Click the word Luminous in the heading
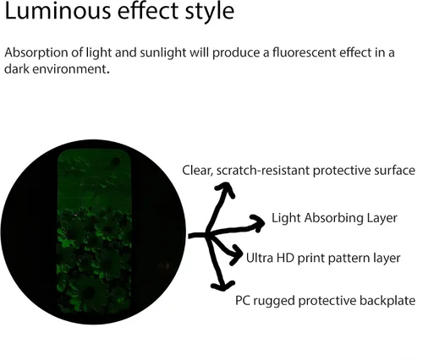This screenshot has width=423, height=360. coord(58,11)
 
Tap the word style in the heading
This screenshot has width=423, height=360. coord(210,12)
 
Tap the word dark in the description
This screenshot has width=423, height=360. coord(17,69)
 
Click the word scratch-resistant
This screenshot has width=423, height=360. coord(263,171)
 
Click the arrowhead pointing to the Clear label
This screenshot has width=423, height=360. coord(226,188)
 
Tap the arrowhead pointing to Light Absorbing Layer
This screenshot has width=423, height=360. coord(258,222)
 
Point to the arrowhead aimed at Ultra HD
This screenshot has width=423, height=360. coord(236,255)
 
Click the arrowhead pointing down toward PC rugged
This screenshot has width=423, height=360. coord(222,286)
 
